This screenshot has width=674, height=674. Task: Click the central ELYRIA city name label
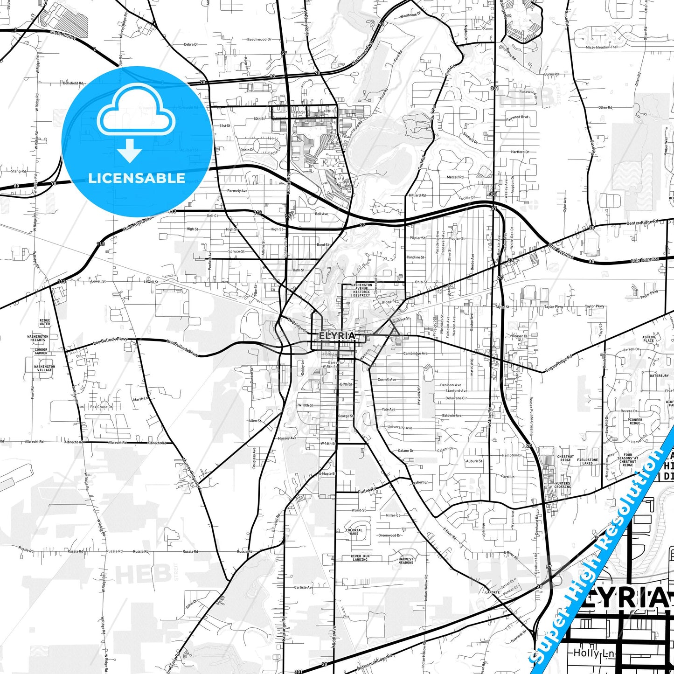(337, 335)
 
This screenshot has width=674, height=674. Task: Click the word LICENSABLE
(137, 178)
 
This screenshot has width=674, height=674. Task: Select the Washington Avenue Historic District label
(361, 290)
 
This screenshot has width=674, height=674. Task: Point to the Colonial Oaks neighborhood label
(354, 532)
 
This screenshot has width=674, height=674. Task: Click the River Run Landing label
(360, 558)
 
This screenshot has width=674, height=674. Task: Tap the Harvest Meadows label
(406, 561)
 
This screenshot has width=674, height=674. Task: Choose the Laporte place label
(493, 592)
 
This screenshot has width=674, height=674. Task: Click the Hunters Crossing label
(563, 485)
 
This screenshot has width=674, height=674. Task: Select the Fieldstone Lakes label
(587, 461)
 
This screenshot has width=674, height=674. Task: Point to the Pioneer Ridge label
(635, 421)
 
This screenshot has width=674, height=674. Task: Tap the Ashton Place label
(648, 339)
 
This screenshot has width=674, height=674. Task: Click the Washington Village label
(44, 368)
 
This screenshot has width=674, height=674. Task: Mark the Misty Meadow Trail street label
(602, 47)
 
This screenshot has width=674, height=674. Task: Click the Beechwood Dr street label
(259, 40)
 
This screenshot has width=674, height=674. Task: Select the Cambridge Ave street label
(415, 354)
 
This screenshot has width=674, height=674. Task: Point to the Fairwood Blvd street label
(517, 117)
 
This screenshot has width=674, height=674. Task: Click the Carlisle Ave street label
(304, 587)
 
